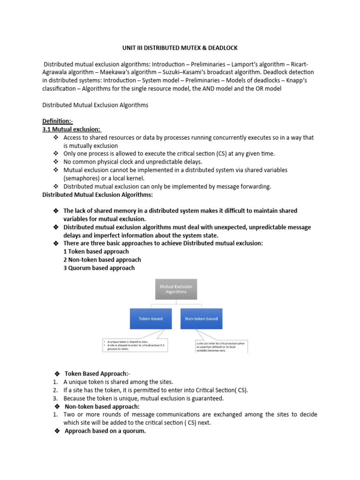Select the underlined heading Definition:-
click(x=58, y=121)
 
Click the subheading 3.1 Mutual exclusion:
click(x=72, y=129)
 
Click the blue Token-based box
click(x=150, y=319)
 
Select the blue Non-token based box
click(x=201, y=319)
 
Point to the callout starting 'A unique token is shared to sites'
click(x=134, y=345)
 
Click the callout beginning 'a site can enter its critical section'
click(x=221, y=346)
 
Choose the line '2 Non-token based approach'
click(x=102, y=260)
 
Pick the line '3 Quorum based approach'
click(x=99, y=268)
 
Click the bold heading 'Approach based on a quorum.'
click(x=105, y=432)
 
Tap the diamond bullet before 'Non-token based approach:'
click(x=56, y=406)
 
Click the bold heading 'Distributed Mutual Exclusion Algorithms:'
click(x=97, y=195)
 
